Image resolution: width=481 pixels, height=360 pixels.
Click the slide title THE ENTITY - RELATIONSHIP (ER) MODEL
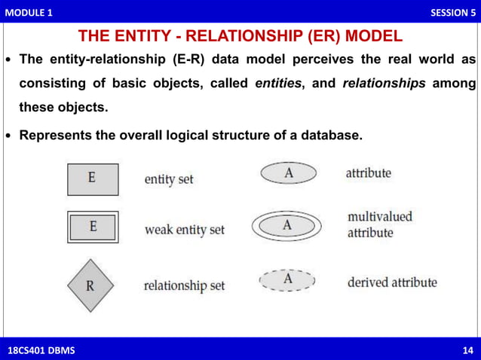240,37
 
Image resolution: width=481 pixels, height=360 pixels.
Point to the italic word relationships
384,84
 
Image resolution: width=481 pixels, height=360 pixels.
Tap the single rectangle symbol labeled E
91,179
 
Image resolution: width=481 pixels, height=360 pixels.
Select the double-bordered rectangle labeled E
92,227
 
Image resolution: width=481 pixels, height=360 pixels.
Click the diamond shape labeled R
90,285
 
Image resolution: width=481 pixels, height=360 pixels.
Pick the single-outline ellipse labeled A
289,173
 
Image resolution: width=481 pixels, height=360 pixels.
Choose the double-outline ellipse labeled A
287,224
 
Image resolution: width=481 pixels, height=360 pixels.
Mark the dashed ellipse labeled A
287,280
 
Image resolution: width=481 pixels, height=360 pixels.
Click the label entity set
169,180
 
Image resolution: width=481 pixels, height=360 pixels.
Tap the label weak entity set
184,229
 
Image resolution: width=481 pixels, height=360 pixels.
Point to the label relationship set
184,286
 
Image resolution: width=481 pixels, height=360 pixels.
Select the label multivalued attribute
379,224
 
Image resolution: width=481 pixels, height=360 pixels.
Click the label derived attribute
391,283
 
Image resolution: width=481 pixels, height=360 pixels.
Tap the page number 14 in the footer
467,350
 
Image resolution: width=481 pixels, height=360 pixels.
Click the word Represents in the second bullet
56,136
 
